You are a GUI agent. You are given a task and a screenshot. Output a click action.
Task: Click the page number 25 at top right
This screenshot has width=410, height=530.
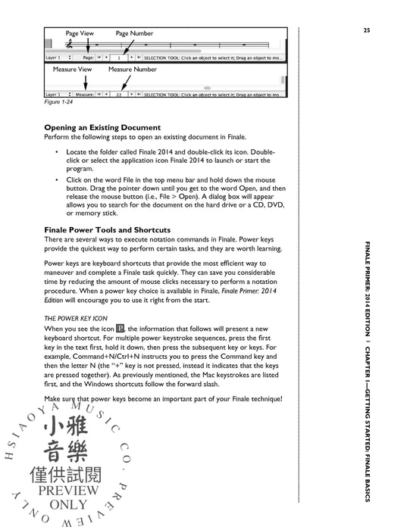click(366, 30)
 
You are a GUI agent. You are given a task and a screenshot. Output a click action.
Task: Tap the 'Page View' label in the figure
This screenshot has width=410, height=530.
click(80, 34)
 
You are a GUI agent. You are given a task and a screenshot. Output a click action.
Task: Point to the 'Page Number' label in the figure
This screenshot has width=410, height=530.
click(133, 34)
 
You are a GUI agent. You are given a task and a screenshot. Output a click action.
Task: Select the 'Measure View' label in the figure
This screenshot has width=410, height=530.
click(72, 69)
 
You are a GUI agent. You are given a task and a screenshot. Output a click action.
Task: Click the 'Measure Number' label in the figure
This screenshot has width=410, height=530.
click(132, 69)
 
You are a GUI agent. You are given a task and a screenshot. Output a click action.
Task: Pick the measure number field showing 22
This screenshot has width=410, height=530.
click(118, 95)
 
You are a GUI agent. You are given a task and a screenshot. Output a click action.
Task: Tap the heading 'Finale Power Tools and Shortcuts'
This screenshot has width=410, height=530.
click(107, 229)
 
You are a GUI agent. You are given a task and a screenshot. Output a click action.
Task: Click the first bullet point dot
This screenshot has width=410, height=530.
click(58, 152)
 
